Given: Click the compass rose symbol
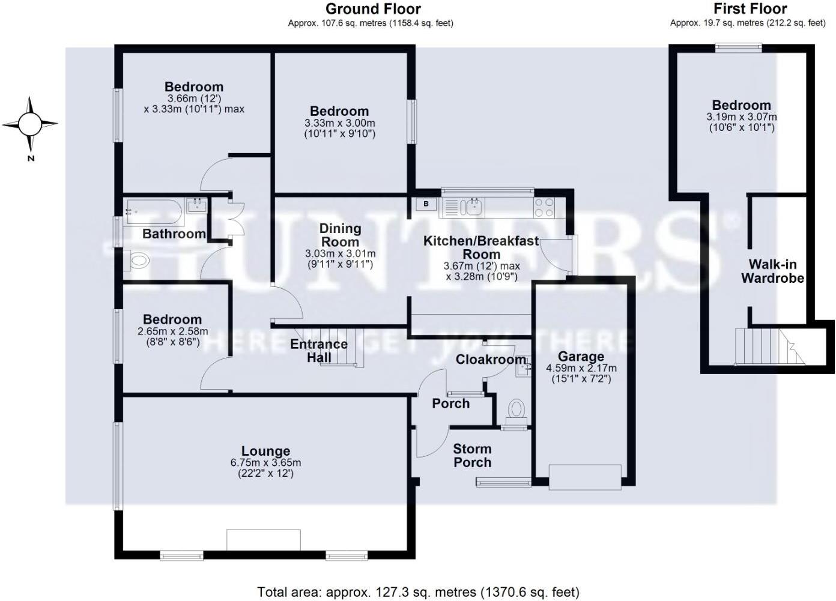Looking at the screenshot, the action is click(30, 124).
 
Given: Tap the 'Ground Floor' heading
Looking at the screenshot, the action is click(373, 9).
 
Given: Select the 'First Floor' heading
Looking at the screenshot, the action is click(750, 9).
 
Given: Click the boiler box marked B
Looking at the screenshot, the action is click(426, 204).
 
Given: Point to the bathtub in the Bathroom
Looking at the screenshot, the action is click(153, 211).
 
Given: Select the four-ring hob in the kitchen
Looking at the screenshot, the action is click(544, 208).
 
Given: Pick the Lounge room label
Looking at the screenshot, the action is click(265, 451).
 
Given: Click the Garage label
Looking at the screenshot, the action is click(580, 357).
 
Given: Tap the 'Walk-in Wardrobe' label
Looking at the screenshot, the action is click(772, 271).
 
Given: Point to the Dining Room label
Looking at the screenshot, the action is click(340, 235).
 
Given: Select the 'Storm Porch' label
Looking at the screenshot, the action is click(472, 456).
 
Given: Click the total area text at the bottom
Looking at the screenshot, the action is click(418, 593).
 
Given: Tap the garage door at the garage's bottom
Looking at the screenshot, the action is click(585, 477).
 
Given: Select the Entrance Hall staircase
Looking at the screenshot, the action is click(345, 347).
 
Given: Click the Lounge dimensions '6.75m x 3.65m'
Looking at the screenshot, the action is click(265, 463).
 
